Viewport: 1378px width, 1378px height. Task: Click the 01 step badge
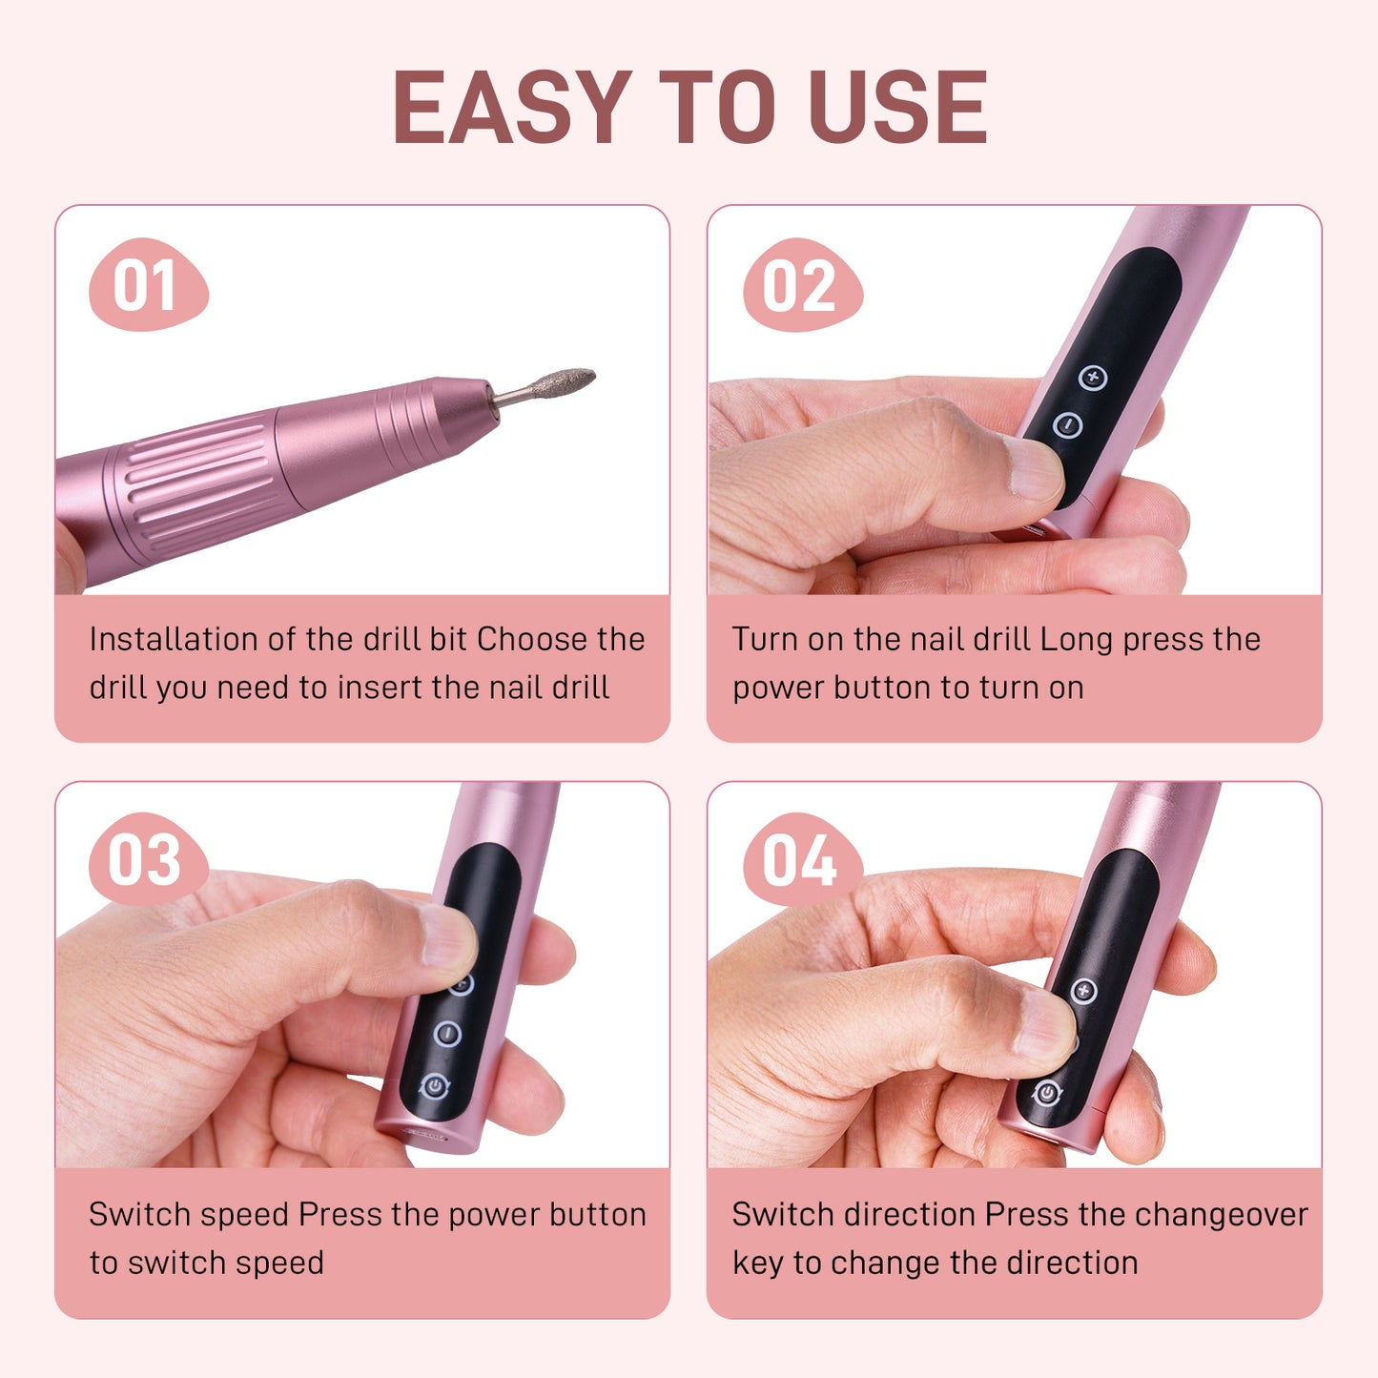[148, 284]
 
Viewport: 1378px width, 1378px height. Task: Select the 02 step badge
[802, 284]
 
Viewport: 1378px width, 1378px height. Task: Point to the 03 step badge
[148, 859]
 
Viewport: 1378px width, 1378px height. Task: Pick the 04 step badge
[802, 859]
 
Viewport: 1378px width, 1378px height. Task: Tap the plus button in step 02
[1092, 377]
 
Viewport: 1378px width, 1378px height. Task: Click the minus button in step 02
[1067, 424]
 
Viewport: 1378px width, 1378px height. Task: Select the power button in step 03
[434, 1086]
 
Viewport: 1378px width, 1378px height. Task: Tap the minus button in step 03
[447, 1034]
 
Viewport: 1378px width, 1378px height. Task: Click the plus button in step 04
[1084, 991]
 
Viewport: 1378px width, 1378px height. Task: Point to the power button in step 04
[1047, 1094]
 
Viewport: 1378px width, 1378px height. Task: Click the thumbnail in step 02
[1035, 467]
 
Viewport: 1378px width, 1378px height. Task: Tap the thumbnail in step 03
[447, 936]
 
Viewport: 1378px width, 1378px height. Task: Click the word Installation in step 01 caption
[173, 639]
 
